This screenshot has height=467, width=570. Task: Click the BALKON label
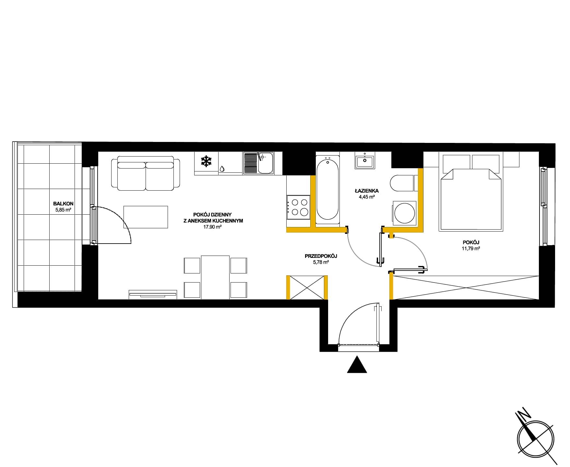pyautogui.click(x=63, y=204)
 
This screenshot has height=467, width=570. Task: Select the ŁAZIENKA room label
pyautogui.click(x=366, y=191)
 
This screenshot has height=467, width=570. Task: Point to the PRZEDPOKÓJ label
pyautogui.click(x=321, y=256)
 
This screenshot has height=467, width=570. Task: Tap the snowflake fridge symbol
pyautogui.click(x=206, y=161)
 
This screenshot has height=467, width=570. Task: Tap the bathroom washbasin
pyautogui.click(x=365, y=160)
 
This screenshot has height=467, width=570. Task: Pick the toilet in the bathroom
pyautogui.click(x=402, y=183)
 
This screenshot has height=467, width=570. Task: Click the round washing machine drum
pyautogui.click(x=404, y=213)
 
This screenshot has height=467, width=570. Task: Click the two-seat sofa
pyautogui.click(x=146, y=173)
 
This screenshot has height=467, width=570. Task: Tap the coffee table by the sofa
pyautogui.click(x=146, y=217)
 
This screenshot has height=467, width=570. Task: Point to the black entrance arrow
pyautogui.click(x=357, y=364)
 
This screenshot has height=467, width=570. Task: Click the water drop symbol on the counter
pyautogui.click(x=222, y=169)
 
